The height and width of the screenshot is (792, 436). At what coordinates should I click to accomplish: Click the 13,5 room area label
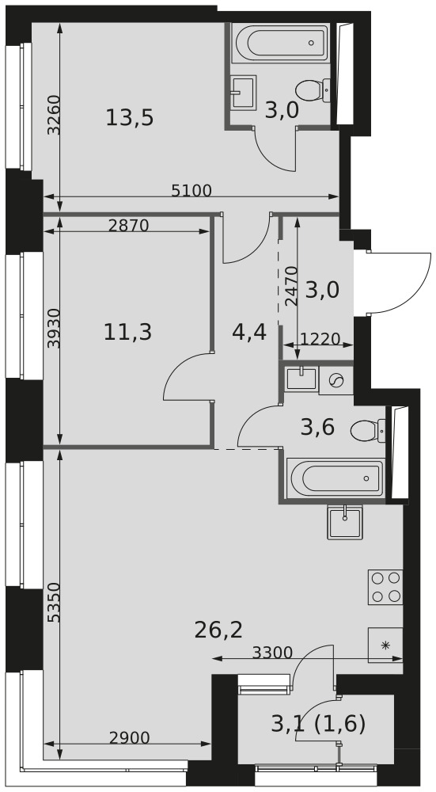(x=130, y=119)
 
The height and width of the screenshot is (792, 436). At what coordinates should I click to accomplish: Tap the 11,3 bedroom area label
(x=127, y=333)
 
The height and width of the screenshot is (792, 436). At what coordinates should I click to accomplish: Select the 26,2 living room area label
(x=218, y=630)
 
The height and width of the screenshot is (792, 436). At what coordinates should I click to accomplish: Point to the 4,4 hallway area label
(x=248, y=333)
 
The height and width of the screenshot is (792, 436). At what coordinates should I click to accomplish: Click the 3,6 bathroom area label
(x=317, y=428)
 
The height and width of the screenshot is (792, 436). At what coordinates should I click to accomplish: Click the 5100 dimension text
(x=191, y=190)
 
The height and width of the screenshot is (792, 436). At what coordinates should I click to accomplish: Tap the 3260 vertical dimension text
(x=53, y=115)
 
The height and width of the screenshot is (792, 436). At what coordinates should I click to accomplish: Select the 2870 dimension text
(x=129, y=225)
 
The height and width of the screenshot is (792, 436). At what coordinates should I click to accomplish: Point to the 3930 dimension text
(x=53, y=329)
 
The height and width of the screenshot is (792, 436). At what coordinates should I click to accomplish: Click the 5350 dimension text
(x=53, y=603)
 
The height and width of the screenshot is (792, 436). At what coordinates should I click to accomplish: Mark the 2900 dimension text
(x=130, y=738)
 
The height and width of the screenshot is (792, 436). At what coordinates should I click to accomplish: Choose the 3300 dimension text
(x=272, y=653)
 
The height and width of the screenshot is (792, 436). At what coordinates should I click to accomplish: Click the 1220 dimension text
(x=320, y=338)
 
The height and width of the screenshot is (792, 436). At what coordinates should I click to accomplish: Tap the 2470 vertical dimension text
(x=292, y=286)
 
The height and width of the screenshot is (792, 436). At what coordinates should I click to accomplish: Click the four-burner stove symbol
(x=385, y=586)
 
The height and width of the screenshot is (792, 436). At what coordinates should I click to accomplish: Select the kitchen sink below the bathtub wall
(x=345, y=522)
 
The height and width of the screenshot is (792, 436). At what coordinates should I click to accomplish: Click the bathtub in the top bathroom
(x=281, y=43)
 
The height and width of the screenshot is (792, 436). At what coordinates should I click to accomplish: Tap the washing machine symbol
(x=336, y=380)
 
